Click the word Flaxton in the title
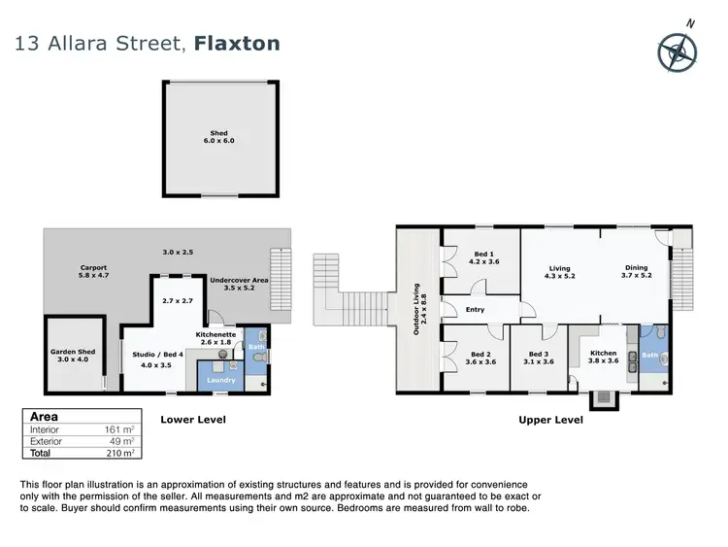[237, 44]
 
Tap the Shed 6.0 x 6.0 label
[218, 137]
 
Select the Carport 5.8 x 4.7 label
[93, 271]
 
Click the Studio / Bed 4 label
[151, 359]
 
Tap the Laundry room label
[222, 380]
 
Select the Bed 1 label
[483, 256]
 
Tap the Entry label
[475, 310]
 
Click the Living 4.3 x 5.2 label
[559, 273]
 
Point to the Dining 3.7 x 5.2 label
[636, 272]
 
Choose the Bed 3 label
[540, 357]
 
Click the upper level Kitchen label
[605, 357]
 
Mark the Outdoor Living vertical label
[418, 309]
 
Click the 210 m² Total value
[124, 452]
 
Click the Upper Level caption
[552, 420]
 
